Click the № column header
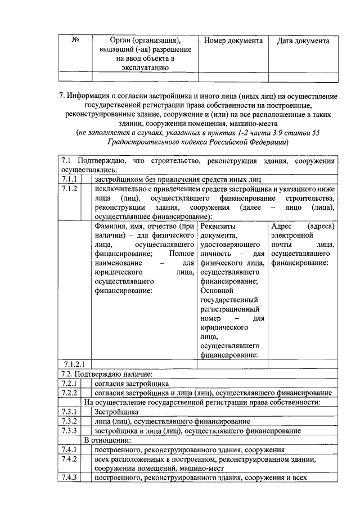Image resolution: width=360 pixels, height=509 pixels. pyautogui.click(x=75, y=41)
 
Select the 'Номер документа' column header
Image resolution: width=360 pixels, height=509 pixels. pyautogui.click(x=233, y=41)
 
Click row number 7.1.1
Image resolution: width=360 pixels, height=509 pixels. pyautogui.click(x=69, y=179)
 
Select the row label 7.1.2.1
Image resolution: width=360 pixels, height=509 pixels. pyautogui.click(x=74, y=364)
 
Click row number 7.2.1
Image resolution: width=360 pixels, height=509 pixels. pyautogui.click(x=69, y=383)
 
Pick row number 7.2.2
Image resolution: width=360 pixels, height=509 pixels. pyautogui.click(x=69, y=393)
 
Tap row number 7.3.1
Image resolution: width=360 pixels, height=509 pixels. pyautogui.click(x=69, y=412)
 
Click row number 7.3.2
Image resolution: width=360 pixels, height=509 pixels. pyautogui.click(x=69, y=421)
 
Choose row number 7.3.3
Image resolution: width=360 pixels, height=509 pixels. pyautogui.click(x=69, y=431)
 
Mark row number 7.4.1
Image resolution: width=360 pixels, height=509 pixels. pyautogui.click(x=69, y=450)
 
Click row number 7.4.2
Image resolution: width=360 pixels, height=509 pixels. pyautogui.click(x=69, y=460)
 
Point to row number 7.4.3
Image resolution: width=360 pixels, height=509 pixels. pyautogui.click(x=69, y=479)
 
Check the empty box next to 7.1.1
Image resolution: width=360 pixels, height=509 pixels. pyautogui.click(x=87, y=179)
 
